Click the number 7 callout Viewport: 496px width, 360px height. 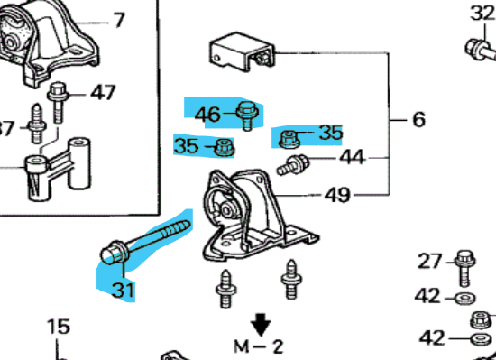click(119, 20)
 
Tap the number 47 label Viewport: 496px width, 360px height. click(103, 92)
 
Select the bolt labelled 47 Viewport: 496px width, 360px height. click(58, 102)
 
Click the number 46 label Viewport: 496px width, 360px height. click(207, 115)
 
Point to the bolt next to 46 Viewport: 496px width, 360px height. click(247, 115)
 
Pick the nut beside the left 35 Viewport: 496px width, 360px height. click(224, 147)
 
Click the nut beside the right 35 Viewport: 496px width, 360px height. click(289, 140)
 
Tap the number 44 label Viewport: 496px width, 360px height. click(353, 157)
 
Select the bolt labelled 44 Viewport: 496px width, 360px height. click(293, 164)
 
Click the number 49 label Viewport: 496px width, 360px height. click(337, 195)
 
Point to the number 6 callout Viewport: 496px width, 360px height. click(419, 120)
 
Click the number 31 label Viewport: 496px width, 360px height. click(124, 290)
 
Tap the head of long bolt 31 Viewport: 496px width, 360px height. click(113, 253)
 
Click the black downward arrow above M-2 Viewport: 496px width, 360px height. click(261, 324)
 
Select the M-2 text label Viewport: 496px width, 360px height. click(259, 346)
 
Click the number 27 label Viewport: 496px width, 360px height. click(429, 262)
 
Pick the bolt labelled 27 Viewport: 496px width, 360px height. click(464, 268)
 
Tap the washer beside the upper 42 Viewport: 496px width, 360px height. click(464, 298)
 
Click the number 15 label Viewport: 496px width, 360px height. click(59, 327)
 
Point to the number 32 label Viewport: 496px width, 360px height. click(482, 14)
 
